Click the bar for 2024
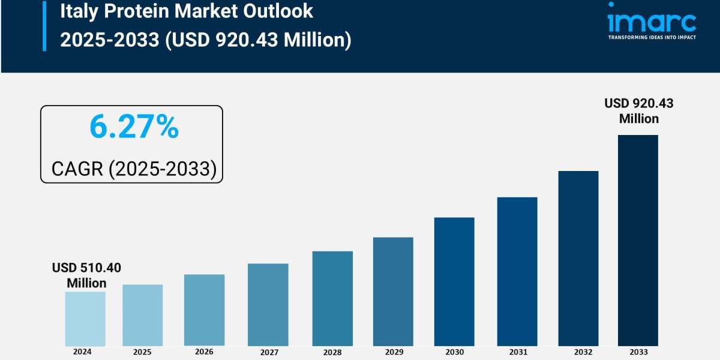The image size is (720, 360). click(x=85, y=319)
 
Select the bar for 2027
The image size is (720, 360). click(x=268, y=304)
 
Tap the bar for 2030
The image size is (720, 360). click(x=454, y=281)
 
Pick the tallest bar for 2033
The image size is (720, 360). click(x=638, y=240)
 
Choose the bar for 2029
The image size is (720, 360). click(x=393, y=292)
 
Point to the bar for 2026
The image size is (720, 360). click(x=204, y=310)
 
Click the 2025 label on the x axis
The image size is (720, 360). click(x=142, y=352)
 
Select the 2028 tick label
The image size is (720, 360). click(x=332, y=352)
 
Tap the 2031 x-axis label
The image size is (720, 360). click(x=517, y=352)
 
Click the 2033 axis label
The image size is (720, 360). click(x=638, y=352)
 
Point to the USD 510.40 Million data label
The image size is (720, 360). click(x=86, y=275)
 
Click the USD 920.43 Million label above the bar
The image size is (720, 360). click(x=639, y=111)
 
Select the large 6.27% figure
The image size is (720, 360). click(x=134, y=127)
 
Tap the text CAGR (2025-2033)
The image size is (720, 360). click(x=133, y=169)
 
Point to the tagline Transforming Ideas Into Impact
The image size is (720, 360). click(x=652, y=37)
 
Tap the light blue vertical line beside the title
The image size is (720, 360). click(x=44, y=25)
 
